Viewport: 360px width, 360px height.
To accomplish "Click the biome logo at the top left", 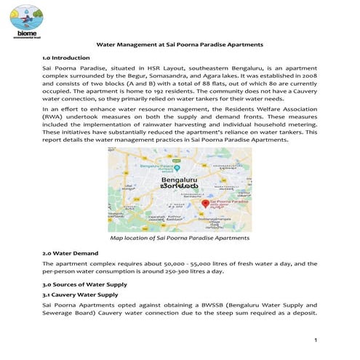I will tap(24, 21).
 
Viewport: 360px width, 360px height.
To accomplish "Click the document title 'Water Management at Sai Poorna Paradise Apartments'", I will tap(180, 44).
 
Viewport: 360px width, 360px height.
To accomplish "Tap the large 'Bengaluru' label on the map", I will tap(177, 179).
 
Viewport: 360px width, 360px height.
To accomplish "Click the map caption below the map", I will tap(179, 238).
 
